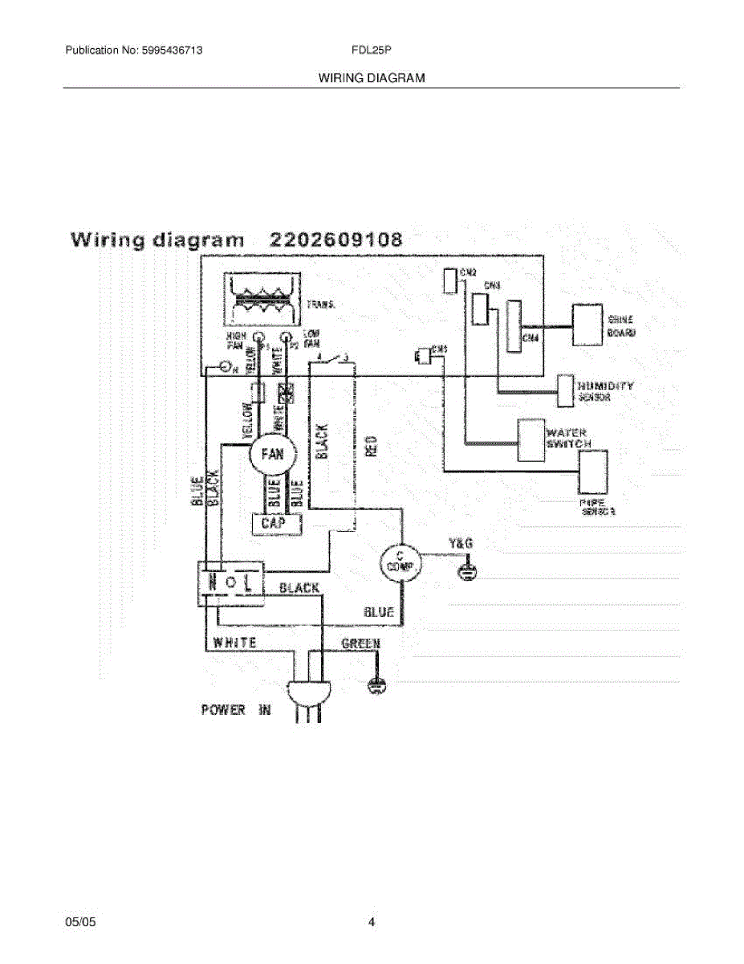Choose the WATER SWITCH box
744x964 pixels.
coord(530,440)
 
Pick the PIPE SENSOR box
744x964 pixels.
coord(592,471)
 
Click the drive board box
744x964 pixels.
coord(586,325)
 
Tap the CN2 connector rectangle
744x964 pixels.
coord(450,280)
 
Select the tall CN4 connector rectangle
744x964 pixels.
coord(513,327)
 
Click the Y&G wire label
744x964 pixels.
coord(460,544)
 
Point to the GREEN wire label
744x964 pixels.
coord(361,643)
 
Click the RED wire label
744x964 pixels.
coord(370,446)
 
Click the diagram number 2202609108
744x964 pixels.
coord(336,239)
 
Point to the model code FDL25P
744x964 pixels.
coord(371,51)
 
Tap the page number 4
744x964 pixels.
coord(372,922)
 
